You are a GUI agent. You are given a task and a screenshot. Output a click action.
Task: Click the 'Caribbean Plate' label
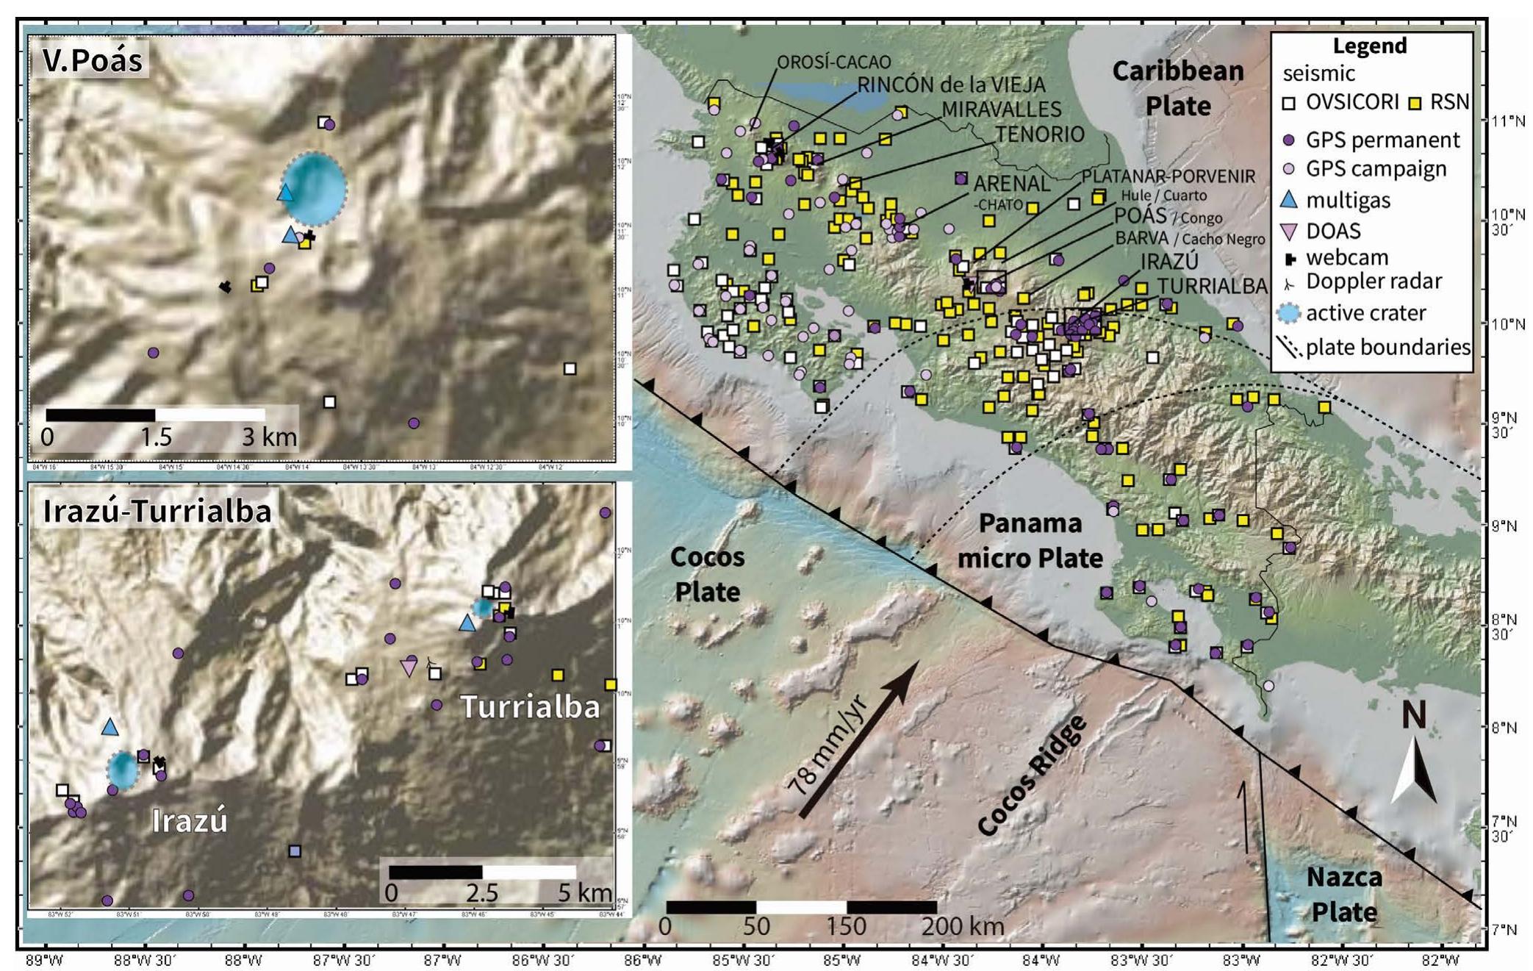pos(1177,88)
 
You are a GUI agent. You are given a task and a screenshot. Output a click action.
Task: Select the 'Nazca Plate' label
pos(1344,895)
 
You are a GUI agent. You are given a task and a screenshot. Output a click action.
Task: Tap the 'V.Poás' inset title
pos(93,60)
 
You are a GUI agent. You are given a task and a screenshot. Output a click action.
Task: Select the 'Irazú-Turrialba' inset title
pos(157,511)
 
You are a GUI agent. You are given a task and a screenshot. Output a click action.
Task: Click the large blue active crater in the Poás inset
pos(315,189)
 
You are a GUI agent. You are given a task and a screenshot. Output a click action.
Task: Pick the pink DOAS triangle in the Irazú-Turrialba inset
pos(409,667)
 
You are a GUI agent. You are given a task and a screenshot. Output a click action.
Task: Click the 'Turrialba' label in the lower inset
pos(530,706)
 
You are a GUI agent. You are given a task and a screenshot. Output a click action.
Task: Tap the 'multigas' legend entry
pos(1348,200)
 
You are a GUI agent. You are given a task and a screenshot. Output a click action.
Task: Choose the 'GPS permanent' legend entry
pos(1371,140)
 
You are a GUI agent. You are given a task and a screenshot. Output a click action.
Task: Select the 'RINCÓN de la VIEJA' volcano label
pos(951,85)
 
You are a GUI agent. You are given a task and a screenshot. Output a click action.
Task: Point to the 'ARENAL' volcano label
pos(1012,182)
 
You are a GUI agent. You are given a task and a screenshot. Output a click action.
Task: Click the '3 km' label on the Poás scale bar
pos(270,437)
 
